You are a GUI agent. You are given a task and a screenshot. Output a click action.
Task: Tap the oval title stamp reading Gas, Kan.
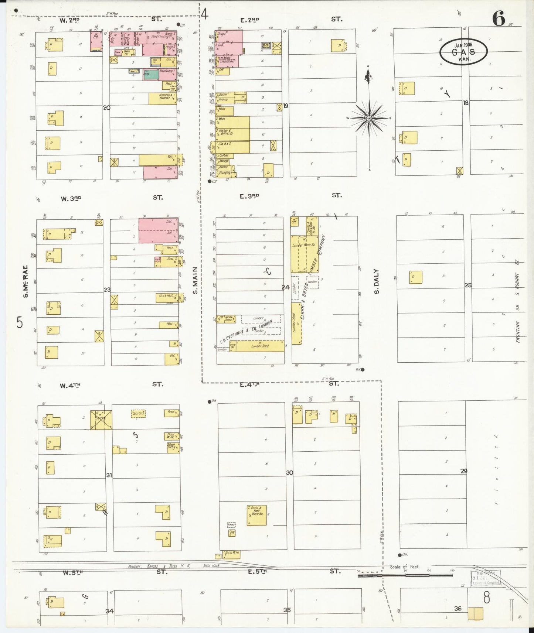[x=463, y=52]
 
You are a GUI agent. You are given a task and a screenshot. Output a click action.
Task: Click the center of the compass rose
[x=369, y=118]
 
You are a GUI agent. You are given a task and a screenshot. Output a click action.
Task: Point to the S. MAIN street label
[x=195, y=281]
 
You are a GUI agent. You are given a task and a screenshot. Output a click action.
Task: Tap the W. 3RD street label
[x=71, y=198]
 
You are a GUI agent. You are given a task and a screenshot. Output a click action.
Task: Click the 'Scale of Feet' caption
[x=405, y=567]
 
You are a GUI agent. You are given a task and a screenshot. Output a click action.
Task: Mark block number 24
[x=285, y=287]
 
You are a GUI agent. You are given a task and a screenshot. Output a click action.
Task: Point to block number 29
[x=464, y=471]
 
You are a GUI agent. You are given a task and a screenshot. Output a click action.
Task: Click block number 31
[x=109, y=475]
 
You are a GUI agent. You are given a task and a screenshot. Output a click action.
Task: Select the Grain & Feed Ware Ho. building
[x=256, y=515]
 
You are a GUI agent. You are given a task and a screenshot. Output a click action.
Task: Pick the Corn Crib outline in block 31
[x=138, y=414]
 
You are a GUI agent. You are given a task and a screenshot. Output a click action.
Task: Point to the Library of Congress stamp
[x=485, y=578]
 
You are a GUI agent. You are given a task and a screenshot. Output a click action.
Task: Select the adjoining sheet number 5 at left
[x=20, y=323]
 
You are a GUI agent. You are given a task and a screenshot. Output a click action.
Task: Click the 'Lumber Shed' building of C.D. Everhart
[x=260, y=346]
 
